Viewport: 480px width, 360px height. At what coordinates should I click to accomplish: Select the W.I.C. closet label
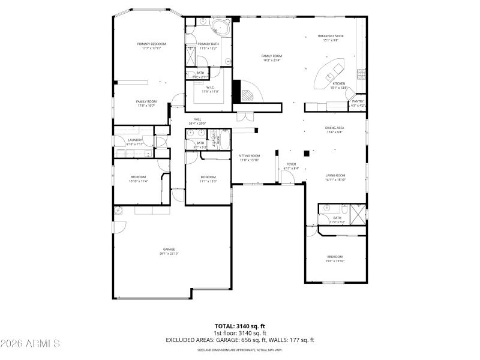210,89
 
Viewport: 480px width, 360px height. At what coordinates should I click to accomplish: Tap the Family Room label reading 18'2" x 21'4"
271,58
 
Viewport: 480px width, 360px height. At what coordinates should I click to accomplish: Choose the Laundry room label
135,142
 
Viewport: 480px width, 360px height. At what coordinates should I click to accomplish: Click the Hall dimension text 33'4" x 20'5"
197,123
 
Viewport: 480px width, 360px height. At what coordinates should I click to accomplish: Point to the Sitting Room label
249,158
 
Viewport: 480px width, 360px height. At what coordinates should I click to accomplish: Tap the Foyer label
291,166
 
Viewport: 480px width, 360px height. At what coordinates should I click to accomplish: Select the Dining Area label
334,130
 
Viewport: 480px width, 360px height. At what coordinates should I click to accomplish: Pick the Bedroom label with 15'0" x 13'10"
334,259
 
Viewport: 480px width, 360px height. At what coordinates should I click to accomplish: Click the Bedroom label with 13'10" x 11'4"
139,179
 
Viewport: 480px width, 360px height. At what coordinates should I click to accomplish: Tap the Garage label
169,251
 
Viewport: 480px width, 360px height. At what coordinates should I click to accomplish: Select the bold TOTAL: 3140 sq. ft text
240,326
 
